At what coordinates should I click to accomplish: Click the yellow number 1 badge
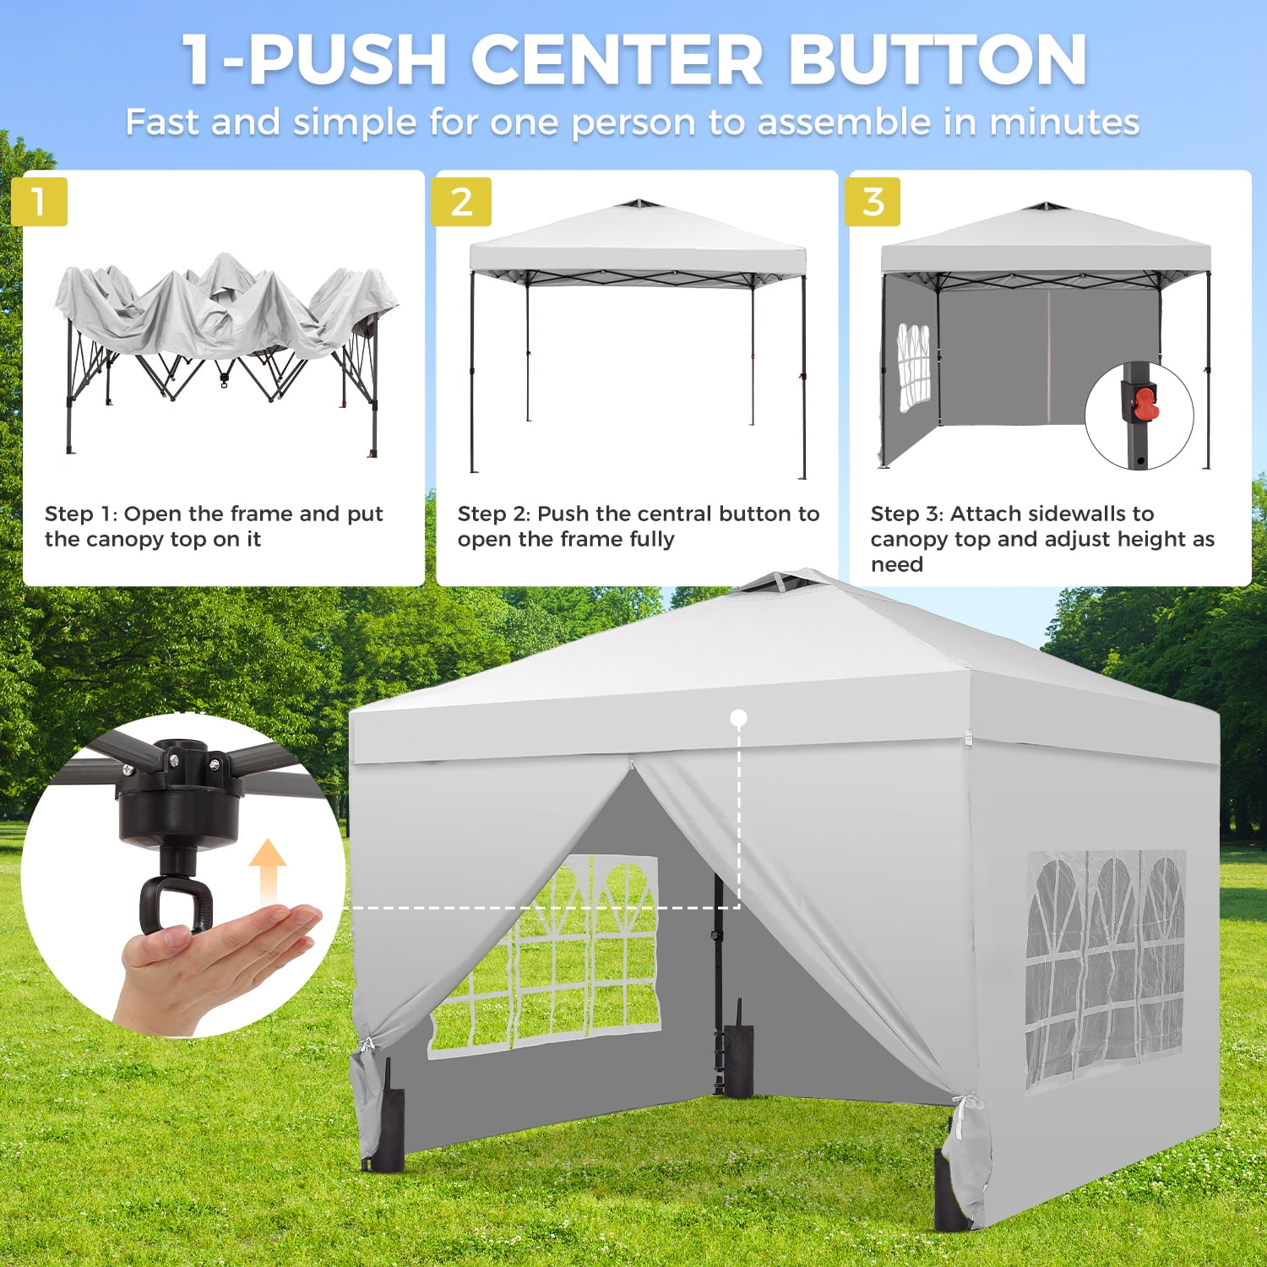click(x=39, y=202)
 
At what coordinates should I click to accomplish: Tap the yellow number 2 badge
click(x=461, y=202)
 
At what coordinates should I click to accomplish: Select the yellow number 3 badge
click(x=873, y=202)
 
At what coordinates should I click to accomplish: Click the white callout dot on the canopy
click(x=738, y=718)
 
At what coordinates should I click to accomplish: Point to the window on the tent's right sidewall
click(x=1107, y=967)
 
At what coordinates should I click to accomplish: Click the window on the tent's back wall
click(x=545, y=956)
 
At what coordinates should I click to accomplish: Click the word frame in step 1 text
click(x=261, y=514)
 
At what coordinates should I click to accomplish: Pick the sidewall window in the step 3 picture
click(x=913, y=366)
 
